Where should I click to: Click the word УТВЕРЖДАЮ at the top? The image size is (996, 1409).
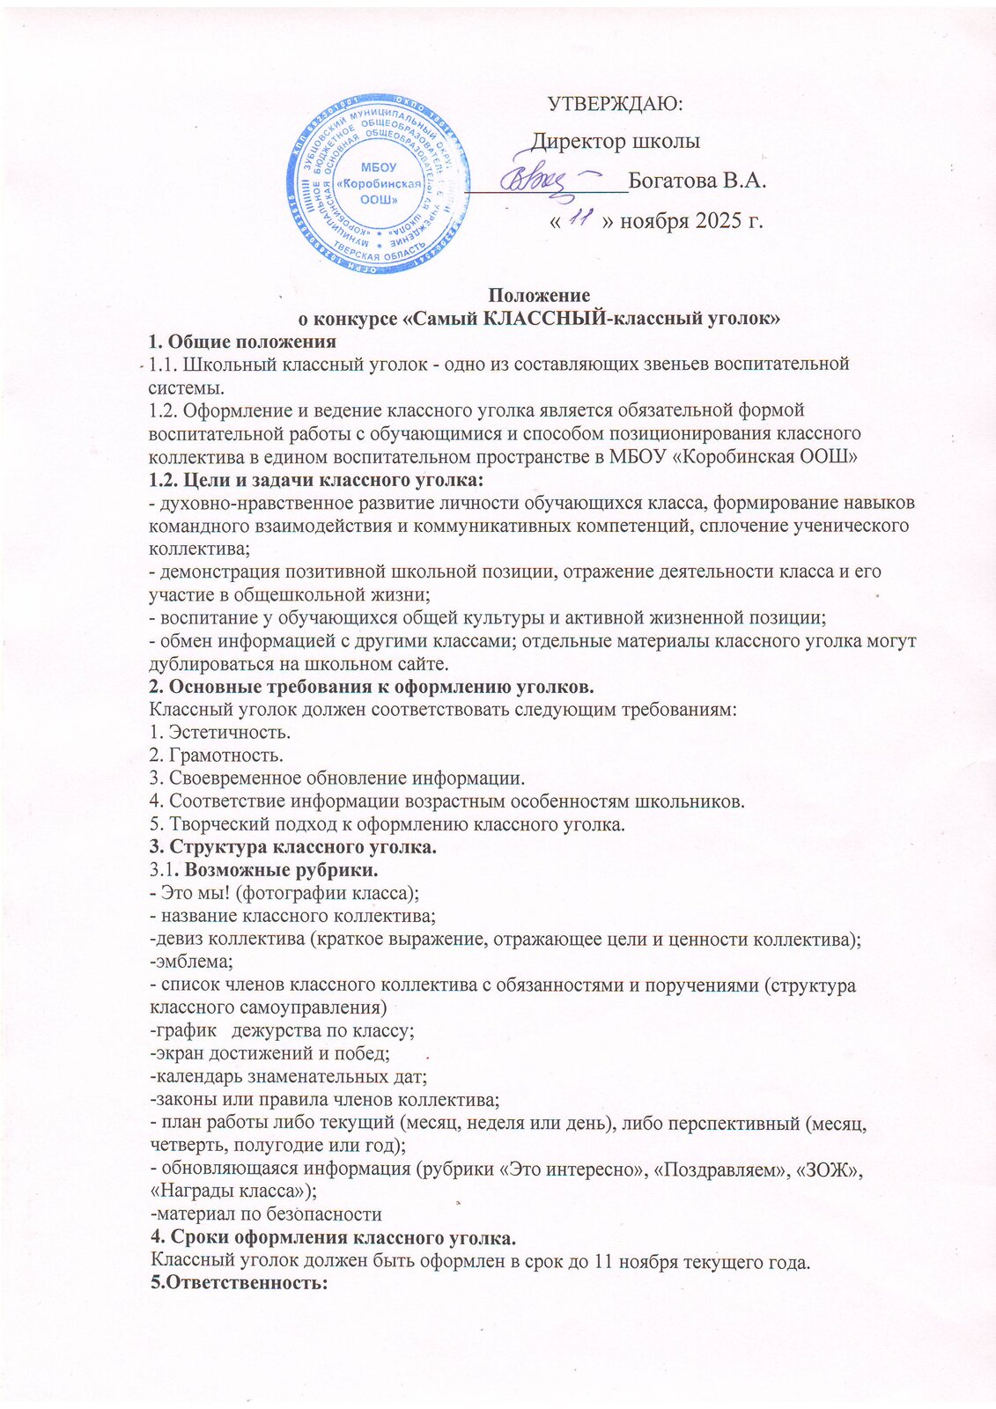(x=616, y=104)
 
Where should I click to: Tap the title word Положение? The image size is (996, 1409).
(x=539, y=296)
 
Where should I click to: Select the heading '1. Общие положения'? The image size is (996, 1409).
(x=243, y=342)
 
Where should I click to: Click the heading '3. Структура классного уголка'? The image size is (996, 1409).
(x=293, y=847)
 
